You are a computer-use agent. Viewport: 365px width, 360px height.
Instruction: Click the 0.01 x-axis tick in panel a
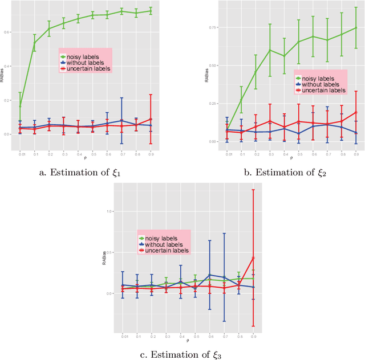pos(20,154)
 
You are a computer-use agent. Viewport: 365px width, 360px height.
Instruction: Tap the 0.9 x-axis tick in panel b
pos(356,154)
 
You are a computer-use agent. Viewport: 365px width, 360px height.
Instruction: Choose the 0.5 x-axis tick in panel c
pos(195,335)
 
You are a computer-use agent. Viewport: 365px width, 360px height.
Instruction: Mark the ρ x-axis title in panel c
pos(188,341)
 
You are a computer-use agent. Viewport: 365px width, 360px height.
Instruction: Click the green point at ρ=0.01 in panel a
pos(20,106)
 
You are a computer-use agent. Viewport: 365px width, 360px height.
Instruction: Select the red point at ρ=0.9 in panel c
pos(253,257)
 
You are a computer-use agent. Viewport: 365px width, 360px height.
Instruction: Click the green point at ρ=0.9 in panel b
pos(356,27)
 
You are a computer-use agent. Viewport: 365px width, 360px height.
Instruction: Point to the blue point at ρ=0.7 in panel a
pos(121,120)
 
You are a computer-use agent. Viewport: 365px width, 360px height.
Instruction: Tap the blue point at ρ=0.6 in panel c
pos(209,275)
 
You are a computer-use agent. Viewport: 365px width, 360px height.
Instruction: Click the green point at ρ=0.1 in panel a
pos(34,43)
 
